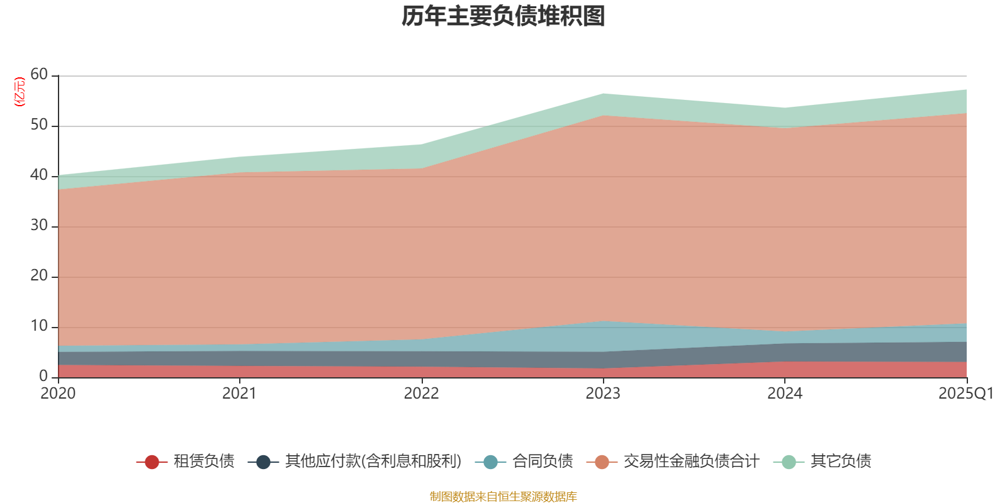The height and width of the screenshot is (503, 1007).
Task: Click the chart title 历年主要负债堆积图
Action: pos(503,17)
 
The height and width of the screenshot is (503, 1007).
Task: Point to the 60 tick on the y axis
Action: pos(39,75)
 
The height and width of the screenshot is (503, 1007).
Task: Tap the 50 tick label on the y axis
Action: pos(39,125)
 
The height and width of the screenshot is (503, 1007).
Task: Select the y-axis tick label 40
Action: pos(39,175)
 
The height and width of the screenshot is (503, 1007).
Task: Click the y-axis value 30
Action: pos(39,226)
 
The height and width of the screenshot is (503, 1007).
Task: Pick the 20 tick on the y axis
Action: pos(39,276)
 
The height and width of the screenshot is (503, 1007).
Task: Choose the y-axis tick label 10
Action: pos(39,326)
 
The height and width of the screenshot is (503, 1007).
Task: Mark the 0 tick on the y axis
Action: pos(43,376)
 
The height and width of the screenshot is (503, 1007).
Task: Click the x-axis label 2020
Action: pos(58,394)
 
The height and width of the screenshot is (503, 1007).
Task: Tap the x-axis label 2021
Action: pos(239,394)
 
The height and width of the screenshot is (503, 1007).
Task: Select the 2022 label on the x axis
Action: pos(421,394)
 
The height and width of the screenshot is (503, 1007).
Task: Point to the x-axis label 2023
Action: pos(603,394)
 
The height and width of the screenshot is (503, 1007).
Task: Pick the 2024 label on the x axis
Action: pos(784,394)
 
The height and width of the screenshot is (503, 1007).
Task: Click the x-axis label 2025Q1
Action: pos(965,394)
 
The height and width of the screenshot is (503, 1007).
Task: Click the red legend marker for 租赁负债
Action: pos(152,462)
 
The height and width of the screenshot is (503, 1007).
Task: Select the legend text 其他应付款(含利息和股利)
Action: pos(373,462)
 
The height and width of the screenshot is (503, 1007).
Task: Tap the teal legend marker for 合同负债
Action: pos(490,462)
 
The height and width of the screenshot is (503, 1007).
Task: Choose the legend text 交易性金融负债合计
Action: pos(691,462)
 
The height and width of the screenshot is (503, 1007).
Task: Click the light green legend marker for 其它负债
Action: pos(789,462)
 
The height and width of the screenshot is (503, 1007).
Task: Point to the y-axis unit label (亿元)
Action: pos(20,92)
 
